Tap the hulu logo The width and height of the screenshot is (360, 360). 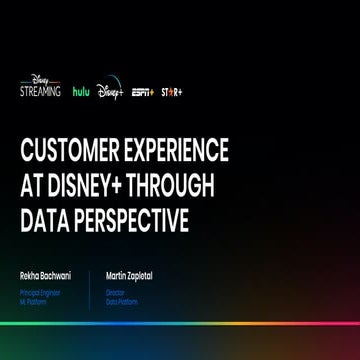(x=80, y=91)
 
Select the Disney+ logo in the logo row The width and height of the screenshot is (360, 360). (x=110, y=92)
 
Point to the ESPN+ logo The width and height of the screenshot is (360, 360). (x=142, y=92)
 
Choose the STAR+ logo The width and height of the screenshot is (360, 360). (x=172, y=92)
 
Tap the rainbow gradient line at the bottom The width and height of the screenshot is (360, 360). (x=180, y=323)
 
